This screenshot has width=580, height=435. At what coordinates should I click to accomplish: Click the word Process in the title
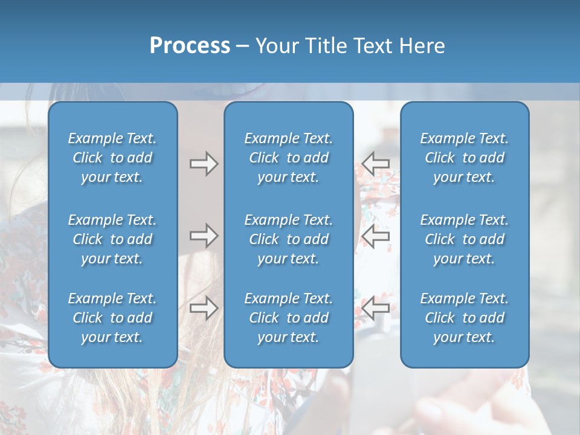pyautogui.click(x=190, y=46)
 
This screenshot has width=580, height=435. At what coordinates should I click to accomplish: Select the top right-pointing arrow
pyautogui.click(x=204, y=164)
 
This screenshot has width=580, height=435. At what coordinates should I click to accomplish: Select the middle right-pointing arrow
pyautogui.click(x=204, y=236)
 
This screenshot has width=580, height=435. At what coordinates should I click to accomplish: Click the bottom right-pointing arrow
pyautogui.click(x=204, y=308)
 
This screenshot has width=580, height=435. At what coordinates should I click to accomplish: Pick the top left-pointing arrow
pyautogui.click(x=376, y=164)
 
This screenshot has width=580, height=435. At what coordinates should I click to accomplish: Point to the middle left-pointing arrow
pyautogui.click(x=376, y=236)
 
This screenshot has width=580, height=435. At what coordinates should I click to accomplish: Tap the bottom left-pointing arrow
pyautogui.click(x=376, y=308)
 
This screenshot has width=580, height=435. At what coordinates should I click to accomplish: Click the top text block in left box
pyautogui.click(x=112, y=158)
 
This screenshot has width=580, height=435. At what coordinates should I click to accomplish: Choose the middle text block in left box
pyautogui.click(x=112, y=239)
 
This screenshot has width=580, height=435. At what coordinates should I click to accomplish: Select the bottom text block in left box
pyautogui.click(x=112, y=318)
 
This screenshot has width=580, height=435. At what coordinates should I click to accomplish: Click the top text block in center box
pyautogui.click(x=288, y=158)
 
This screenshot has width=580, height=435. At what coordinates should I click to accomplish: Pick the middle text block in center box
pyautogui.click(x=288, y=239)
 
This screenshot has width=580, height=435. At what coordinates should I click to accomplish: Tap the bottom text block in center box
pyautogui.click(x=288, y=318)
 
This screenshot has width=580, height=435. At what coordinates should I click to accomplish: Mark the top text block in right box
pyautogui.click(x=464, y=158)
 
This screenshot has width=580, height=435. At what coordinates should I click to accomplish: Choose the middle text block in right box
pyautogui.click(x=464, y=239)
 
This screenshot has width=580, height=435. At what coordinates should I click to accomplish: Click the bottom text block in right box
pyautogui.click(x=464, y=318)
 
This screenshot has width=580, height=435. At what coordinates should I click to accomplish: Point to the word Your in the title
pyautogui.click(x=275, y=46)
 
